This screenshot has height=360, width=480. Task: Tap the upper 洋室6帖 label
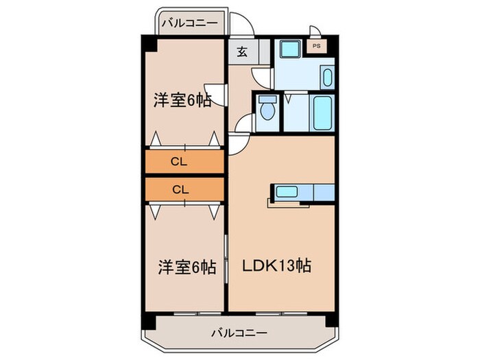pos(181,101)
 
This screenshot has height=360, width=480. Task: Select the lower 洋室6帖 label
pos(181,265)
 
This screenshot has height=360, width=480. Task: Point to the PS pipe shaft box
pos(316,47)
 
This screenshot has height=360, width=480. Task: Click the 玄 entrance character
pos(241,51)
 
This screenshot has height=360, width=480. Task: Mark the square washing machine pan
pos(287,50)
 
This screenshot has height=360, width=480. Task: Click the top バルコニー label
pos(191,23)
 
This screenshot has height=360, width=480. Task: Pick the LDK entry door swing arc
pos(238,144)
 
